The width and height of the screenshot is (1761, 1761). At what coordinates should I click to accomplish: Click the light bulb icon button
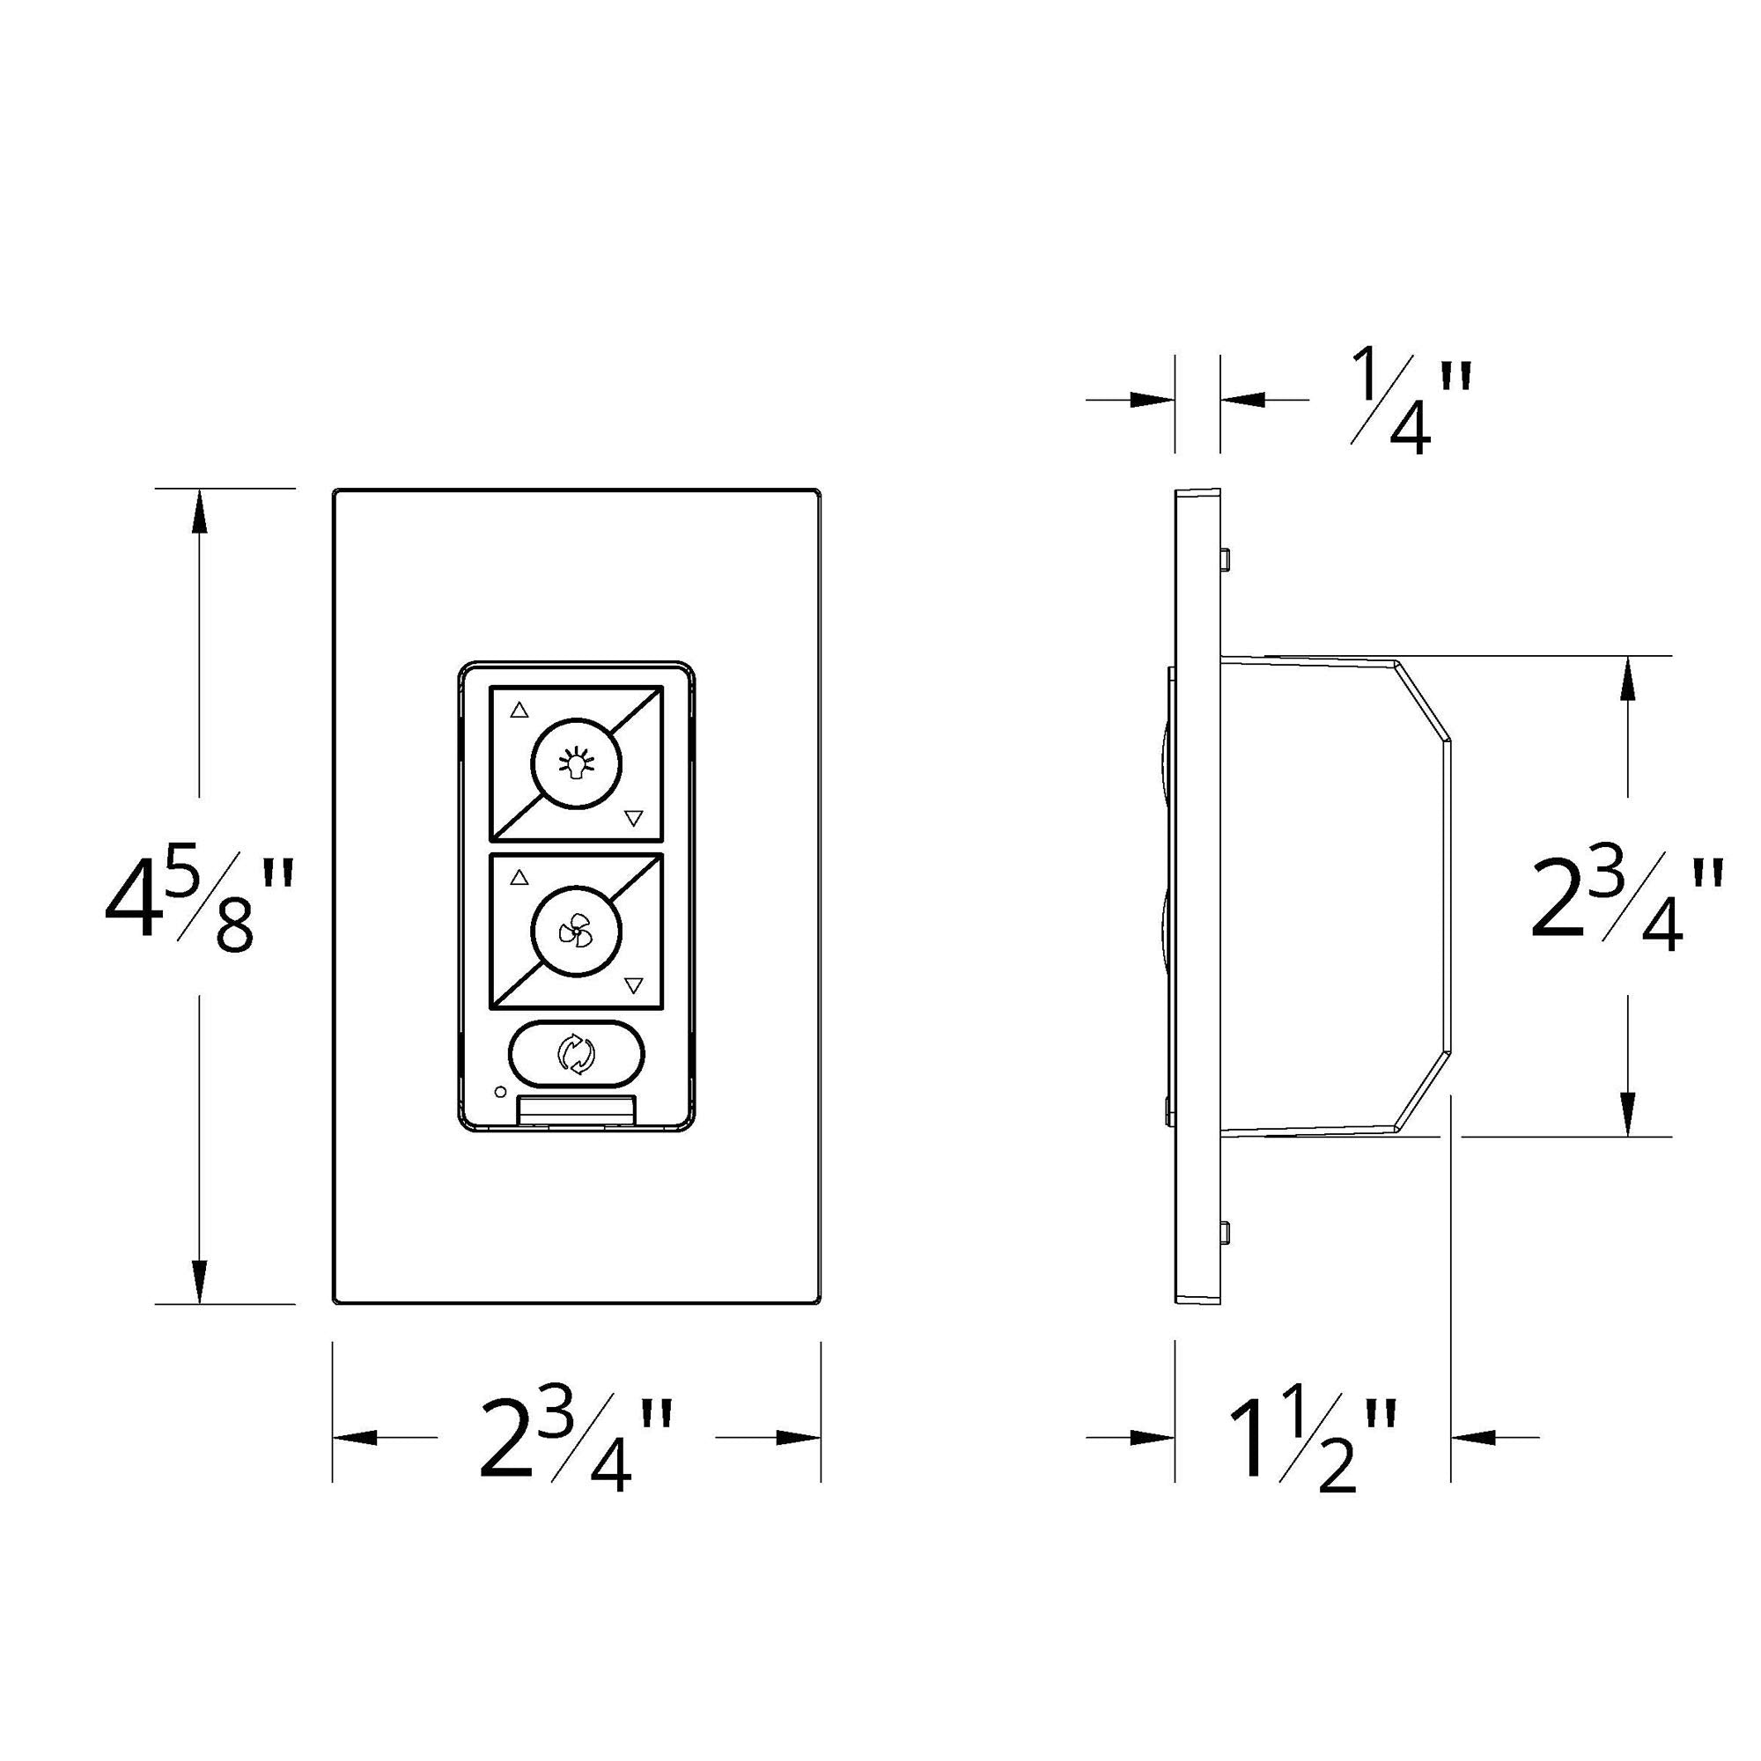tap(576, 763)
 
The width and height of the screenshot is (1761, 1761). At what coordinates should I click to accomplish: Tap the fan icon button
tap(576, 932)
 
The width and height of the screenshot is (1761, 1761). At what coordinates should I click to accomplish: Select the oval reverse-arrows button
tap(576, 1055)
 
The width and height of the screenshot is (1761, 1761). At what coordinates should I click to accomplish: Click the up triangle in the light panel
tap(519, 710)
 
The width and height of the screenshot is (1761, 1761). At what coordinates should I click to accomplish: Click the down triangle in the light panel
tap(634, 819)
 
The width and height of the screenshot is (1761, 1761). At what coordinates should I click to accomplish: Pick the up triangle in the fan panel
tap(519, 878)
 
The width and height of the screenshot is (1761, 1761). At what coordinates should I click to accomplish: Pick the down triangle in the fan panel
tap(634, 985)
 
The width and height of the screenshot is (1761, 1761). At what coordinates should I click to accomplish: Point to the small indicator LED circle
tap(498, 1091)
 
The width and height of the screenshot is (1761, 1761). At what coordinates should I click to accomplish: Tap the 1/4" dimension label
tap(1408, 401)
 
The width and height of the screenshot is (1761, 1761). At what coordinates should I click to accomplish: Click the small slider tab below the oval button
tap(576, 1110)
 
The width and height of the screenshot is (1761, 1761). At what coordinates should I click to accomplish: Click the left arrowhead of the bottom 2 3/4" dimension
tap(356, 1438)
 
